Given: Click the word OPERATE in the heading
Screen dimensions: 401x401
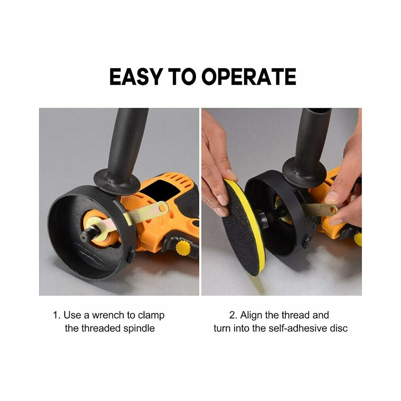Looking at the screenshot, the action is click(x=249, y=77).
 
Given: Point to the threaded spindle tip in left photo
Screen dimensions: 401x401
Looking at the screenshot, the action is click(x=84, y=236).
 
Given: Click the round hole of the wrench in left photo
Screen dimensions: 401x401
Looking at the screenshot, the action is click(x=162, y=208).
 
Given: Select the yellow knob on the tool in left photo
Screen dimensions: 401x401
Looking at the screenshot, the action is click(x=183, y=247).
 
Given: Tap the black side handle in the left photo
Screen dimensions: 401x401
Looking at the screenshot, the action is click(x=122, y=151).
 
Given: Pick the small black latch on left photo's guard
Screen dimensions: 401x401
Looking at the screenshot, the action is click(x=131, y=255).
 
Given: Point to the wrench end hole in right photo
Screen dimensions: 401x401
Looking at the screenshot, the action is click(x=333, y=210).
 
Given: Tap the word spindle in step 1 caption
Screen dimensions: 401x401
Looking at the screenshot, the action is click(x=139, y=328).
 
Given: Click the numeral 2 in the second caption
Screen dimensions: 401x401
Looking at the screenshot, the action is click(x=232, y=315).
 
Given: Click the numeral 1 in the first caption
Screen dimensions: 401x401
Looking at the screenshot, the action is click(x=55, y=315).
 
